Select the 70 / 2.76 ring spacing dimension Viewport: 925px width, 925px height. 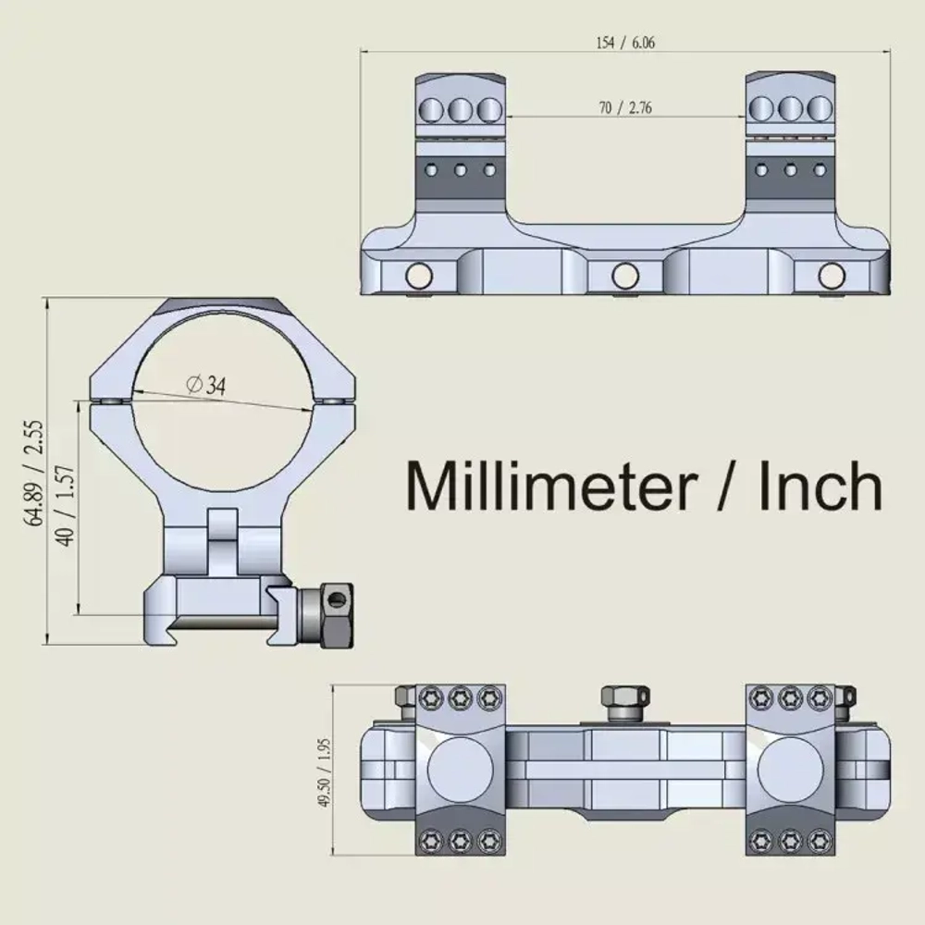(625, 107)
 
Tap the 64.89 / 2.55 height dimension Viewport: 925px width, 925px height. (34, 473)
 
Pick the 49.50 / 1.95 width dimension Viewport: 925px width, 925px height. (325, 772)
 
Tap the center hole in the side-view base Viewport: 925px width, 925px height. (625, 275)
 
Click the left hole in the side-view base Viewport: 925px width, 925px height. (419, 275)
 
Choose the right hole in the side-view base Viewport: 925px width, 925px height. (832, 275)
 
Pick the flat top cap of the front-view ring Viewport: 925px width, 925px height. (222, 306)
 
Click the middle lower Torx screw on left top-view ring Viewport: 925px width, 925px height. (460, 841)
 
